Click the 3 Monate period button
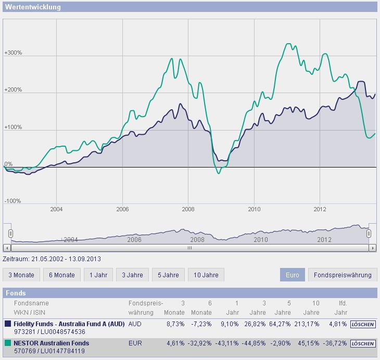(21, 275)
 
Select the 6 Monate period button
(61, 275)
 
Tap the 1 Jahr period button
(98, 275)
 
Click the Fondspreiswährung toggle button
(342, 275)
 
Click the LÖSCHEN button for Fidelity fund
(363, 324)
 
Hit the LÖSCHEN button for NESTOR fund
(363, 344)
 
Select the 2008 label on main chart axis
(188, 210)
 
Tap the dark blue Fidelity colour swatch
(8, 324)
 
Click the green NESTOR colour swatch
(8, 343)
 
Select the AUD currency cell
(135, 323)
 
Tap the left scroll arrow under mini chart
(7, 249)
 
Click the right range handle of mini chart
(369, 233)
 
